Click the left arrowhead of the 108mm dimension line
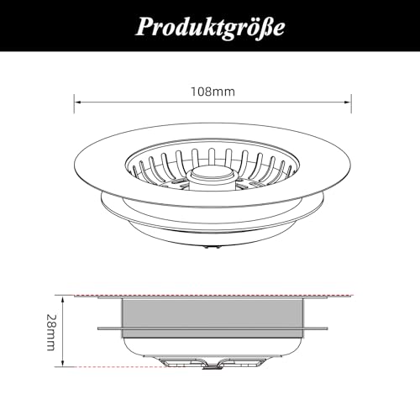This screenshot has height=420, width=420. (x=78, y=102)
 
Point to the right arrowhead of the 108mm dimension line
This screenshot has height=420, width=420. (x=348, y=102)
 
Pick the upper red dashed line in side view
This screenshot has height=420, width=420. (x=210, y=295)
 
